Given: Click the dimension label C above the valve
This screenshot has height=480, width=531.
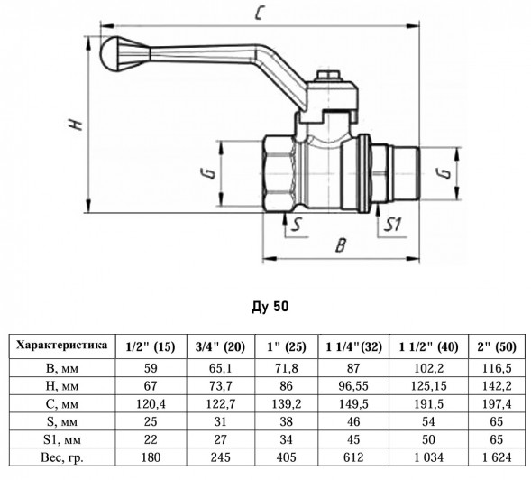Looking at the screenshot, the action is click(x=259, y=13).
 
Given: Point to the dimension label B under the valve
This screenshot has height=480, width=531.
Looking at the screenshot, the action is click(x=341, y=245).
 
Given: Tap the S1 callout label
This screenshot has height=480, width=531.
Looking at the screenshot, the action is click(x=392, y=225).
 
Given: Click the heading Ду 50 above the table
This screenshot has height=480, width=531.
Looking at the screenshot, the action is click(x=270, y=307).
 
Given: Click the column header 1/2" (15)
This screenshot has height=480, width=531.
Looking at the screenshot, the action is click(x=151, y=346).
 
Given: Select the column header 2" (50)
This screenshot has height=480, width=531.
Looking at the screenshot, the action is click(x=497, y=346).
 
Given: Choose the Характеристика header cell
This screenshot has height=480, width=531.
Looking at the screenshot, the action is click(x=62, y=345).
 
